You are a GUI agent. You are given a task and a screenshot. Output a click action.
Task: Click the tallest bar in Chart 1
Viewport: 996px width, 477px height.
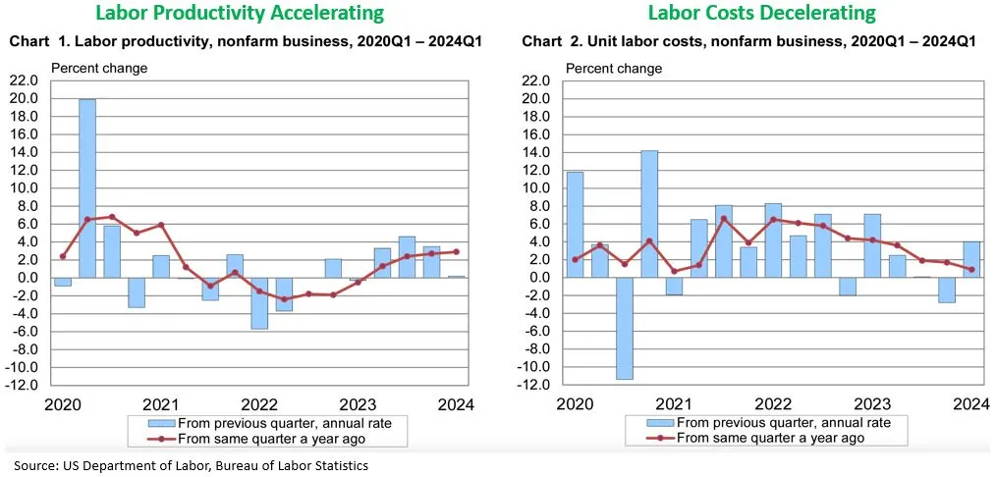pos(87,187)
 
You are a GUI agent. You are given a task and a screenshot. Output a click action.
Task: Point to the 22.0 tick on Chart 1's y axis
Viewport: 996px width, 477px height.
pos(26,80)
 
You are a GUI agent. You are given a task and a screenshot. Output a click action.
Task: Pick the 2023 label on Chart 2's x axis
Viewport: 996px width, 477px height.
pos(871,404)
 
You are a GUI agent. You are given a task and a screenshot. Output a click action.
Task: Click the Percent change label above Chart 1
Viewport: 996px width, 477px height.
pos(99,69)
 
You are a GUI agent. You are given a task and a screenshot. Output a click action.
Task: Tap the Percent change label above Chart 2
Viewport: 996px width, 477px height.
pos(613,69)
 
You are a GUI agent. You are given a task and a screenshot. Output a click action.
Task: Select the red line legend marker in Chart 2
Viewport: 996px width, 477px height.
pos(663,438)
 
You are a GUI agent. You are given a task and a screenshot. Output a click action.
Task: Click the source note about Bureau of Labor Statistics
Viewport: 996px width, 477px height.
pos(191,465)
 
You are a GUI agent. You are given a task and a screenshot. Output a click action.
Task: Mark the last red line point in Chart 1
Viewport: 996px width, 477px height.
pos(455,251)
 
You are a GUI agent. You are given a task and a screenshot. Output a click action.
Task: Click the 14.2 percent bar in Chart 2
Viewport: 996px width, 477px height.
pos(649,213)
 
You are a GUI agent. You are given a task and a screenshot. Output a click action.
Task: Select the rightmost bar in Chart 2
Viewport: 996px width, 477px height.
pos(970,259)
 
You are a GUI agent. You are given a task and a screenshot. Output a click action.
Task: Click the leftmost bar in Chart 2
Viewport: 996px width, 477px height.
pos(575,224)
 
